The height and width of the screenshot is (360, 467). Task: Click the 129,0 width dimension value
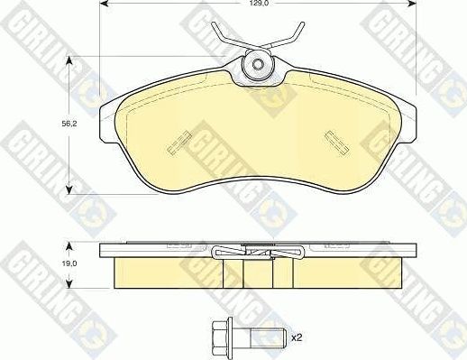258,5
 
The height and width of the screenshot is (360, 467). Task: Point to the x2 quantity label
295,338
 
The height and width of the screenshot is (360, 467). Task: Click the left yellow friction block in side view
158,272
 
